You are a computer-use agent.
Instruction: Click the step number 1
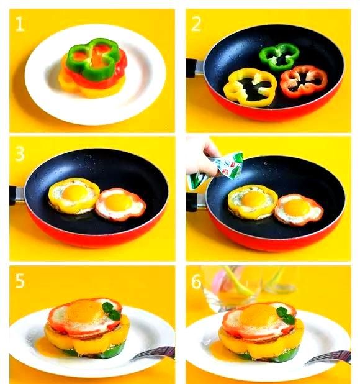click(x=20, y=24)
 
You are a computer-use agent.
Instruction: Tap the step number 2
click(x=196, y=24)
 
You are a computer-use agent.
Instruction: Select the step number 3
click(x=20, y=153)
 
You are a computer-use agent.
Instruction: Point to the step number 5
click(x=20, y=281)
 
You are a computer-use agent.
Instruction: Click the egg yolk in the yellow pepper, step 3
click(x=74, y=193)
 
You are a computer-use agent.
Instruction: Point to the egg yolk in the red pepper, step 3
click(x=119, y=202)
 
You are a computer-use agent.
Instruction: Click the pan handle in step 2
click(x=195, y=68)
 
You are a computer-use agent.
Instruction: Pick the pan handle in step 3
click(x=17, y=195)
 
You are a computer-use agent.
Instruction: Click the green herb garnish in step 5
click(x=112, y=311)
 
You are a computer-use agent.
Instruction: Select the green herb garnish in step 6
click(x=286, y=316)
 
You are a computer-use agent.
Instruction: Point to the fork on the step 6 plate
click(x=328, y=357)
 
